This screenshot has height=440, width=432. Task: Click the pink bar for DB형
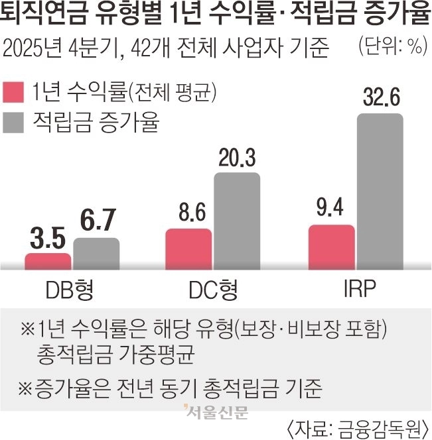pyautogui.click(x=48, y=261)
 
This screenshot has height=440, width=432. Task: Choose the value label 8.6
pyautogui.click(x=188, y=215)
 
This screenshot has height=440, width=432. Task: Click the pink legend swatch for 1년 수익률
pyautogui.click(x=14, y=92)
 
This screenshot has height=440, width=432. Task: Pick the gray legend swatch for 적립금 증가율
pyautogui.click(x=14, y=123)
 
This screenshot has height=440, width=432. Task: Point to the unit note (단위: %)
pyautogui.click(x=392, y=47)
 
